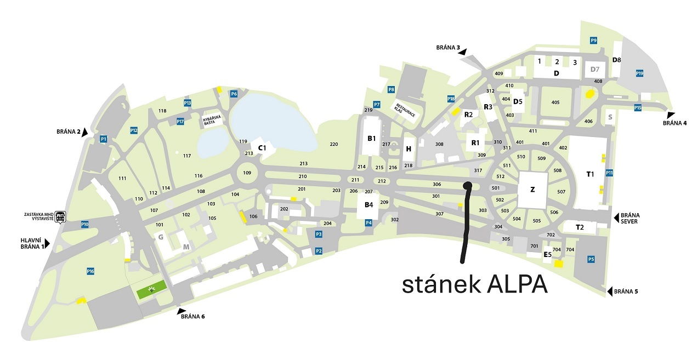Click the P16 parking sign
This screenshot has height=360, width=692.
click(x=91, y=271)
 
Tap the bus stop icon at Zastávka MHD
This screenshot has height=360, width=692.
click(x=61, y=216)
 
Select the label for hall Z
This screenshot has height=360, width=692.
click(x=532, y=190)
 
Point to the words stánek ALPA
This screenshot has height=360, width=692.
click(x=475, y=284)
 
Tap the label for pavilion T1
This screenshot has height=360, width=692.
click(x=590, y=174)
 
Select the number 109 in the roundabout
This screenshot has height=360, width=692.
click(x=247, y=173)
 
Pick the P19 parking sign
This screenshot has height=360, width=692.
click(x=639, y=73)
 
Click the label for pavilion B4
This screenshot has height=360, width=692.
click(x=368, y=205)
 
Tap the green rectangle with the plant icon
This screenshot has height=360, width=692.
click(x=152, y=288)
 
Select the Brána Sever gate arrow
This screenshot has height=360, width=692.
click(x=616, y=218)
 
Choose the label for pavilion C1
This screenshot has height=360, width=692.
click(x=262, y=148)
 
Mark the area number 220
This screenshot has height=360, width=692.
click(x=333, y=145)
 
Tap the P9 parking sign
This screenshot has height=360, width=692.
click(x=594, y=40)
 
